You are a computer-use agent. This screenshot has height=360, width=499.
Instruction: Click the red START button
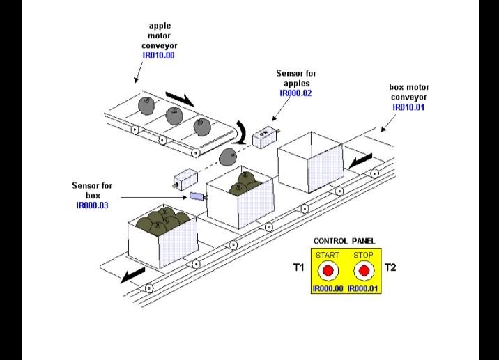tap(328, 271)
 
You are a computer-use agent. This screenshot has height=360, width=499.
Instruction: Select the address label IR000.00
tap(328, 288)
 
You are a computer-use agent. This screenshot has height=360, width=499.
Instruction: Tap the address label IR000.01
tap(363, 288)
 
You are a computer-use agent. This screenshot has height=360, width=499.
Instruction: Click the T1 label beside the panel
tap(298, 267)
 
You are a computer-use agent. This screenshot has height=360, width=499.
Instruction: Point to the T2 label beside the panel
tap(390, 267)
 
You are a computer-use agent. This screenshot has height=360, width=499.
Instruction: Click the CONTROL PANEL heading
tap(344, 241)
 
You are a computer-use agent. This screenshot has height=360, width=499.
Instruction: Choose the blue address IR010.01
tap(409, 108)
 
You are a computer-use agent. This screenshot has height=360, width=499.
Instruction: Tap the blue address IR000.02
tap(295, 92)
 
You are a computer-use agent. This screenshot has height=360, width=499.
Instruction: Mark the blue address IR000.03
tap(92, 205)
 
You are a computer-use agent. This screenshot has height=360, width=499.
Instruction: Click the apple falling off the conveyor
tap(227, 157)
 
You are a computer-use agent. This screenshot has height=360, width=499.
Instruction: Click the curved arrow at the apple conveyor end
tap(242, 132)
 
